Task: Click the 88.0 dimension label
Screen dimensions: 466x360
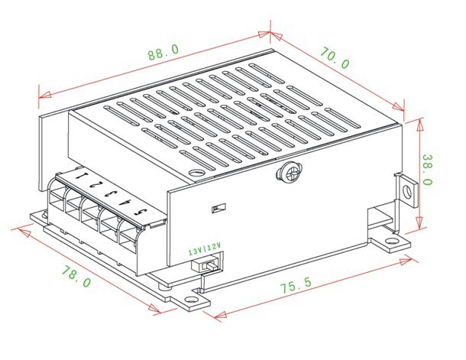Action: (163, 52)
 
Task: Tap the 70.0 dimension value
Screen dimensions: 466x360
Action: (335, 58)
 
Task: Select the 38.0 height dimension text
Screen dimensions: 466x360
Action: (427, 170)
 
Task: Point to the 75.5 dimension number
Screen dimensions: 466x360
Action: (296, 285)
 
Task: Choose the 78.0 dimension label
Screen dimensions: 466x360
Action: (76, 276)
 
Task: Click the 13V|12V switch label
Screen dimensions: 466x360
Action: (205, 249)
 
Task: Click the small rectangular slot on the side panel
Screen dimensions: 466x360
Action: (218, 208)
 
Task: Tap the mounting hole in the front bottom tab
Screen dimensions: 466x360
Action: (191, 300)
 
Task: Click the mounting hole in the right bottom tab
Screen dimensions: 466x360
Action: (392, 241)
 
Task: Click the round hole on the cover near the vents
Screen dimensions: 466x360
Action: (196, 173)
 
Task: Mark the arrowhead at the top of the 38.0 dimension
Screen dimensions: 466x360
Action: (419, 125)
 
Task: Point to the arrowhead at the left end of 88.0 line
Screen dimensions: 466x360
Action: (45, 95)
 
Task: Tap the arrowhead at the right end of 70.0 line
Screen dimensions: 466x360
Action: (398, 106)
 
